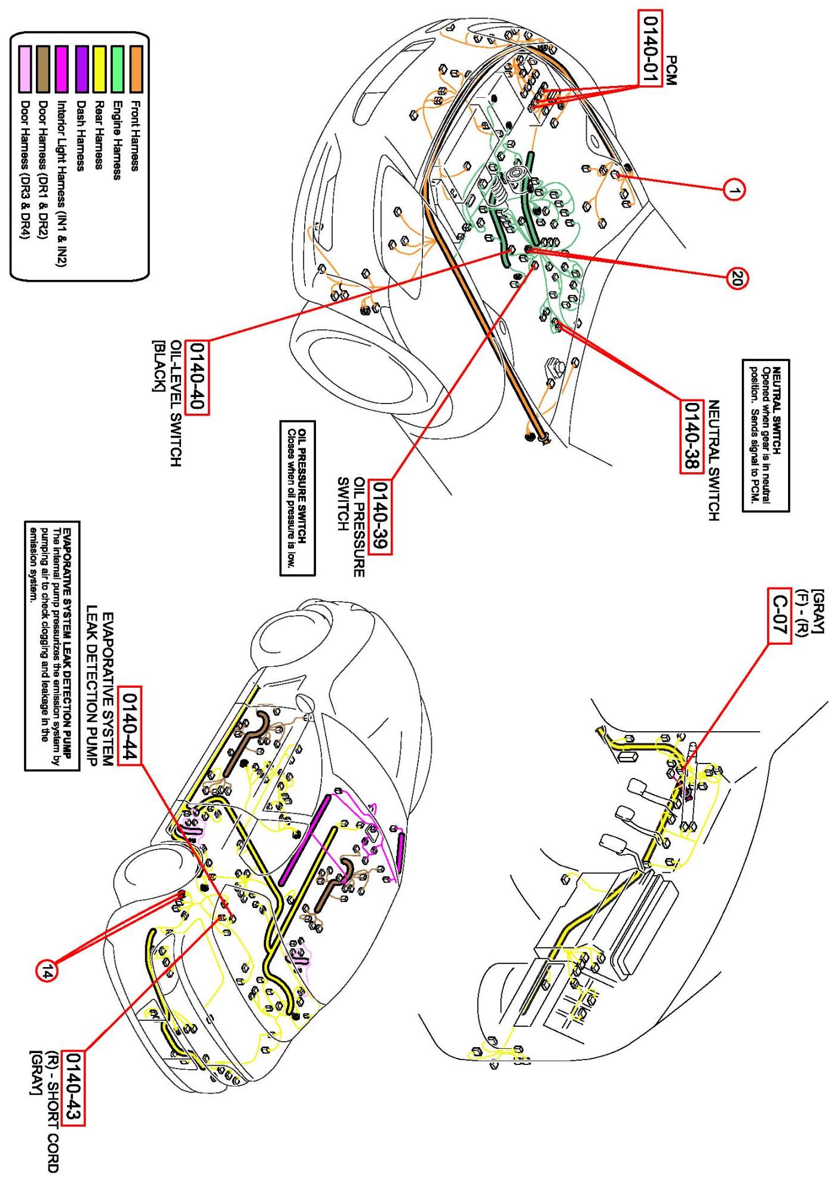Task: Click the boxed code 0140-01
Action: (649, 48)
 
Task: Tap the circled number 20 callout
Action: (736, 278)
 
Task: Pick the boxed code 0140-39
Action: (379, 517)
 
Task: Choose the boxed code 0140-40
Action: (197, 377)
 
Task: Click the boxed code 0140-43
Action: (74, 1088)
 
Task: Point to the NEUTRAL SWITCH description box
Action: (765, 435)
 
